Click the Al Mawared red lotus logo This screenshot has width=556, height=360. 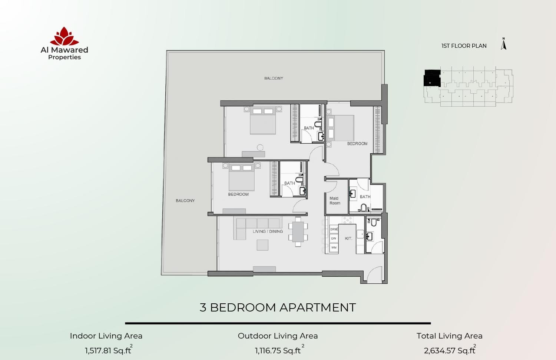(64, 36)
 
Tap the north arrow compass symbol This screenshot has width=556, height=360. (503, 44)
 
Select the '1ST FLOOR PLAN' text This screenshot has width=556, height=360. (464, 46)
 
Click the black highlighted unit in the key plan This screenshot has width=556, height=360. (432, 78)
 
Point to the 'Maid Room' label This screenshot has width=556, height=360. (335, 201)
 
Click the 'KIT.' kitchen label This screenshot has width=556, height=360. (348, 239)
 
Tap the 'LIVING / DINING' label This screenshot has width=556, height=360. (268, 231)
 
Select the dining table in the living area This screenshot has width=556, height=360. (298, 232)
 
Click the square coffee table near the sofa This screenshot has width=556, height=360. (262, 245)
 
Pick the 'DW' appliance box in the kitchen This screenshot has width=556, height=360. (334, 239)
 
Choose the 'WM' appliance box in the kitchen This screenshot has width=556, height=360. (334, 247)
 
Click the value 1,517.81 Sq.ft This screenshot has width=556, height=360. (108, 350)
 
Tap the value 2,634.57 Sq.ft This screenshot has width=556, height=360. (449, 350)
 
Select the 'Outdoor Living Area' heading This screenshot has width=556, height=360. (278, 336)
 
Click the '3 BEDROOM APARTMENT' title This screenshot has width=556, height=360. (278, 307)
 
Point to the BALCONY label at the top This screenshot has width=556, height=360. (274, 78)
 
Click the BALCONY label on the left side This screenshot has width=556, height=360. (185, 201)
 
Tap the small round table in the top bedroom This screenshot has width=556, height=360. (260, 147)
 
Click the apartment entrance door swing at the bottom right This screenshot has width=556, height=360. (374, 276)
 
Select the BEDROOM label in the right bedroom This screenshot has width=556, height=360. (357, 144)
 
